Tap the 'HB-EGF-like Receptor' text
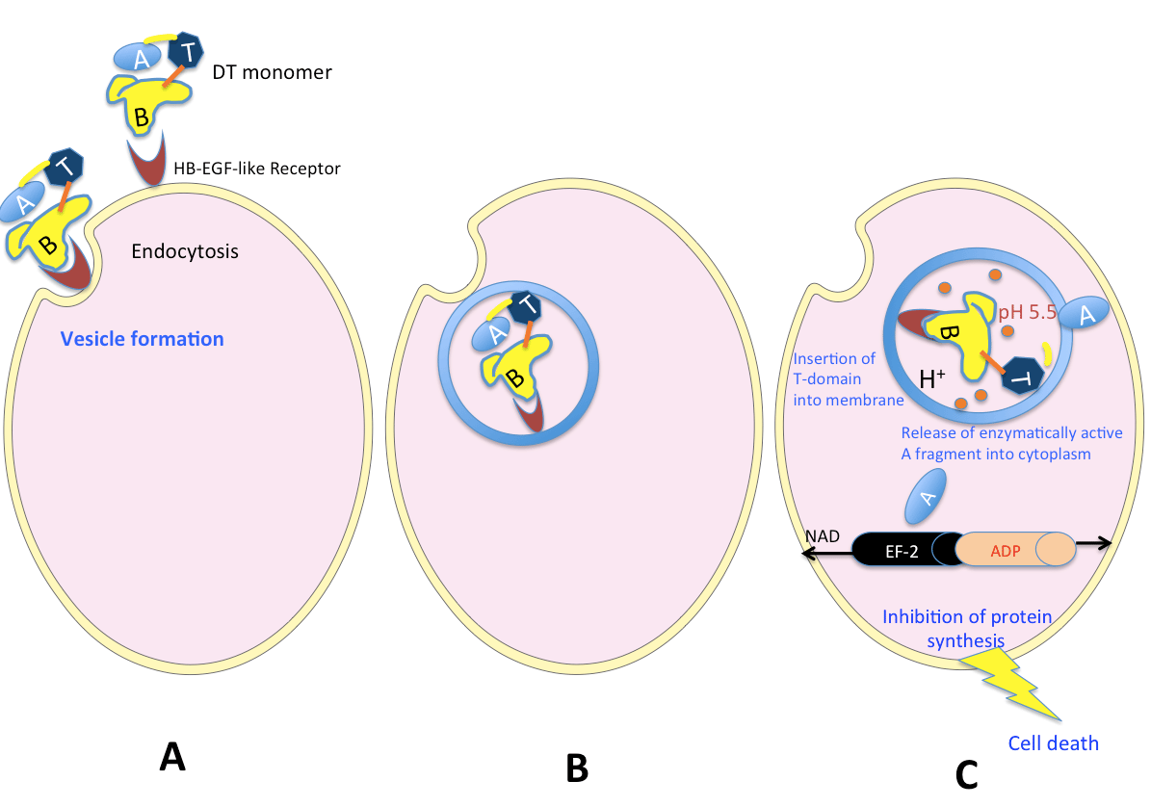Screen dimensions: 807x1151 coord(257,169)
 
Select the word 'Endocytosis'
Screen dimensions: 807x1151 coord(185,252)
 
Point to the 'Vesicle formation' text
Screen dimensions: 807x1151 coord(142,339)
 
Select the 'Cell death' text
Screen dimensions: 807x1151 coord(1053,742)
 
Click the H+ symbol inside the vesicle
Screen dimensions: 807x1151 coord(930,379)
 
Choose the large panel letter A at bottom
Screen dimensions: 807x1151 coord(170,759)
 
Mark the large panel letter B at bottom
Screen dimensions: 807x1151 coord(576,768)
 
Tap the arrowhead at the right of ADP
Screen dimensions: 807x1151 coord(1108,543)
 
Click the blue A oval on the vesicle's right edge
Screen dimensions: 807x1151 coord(1086,314)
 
